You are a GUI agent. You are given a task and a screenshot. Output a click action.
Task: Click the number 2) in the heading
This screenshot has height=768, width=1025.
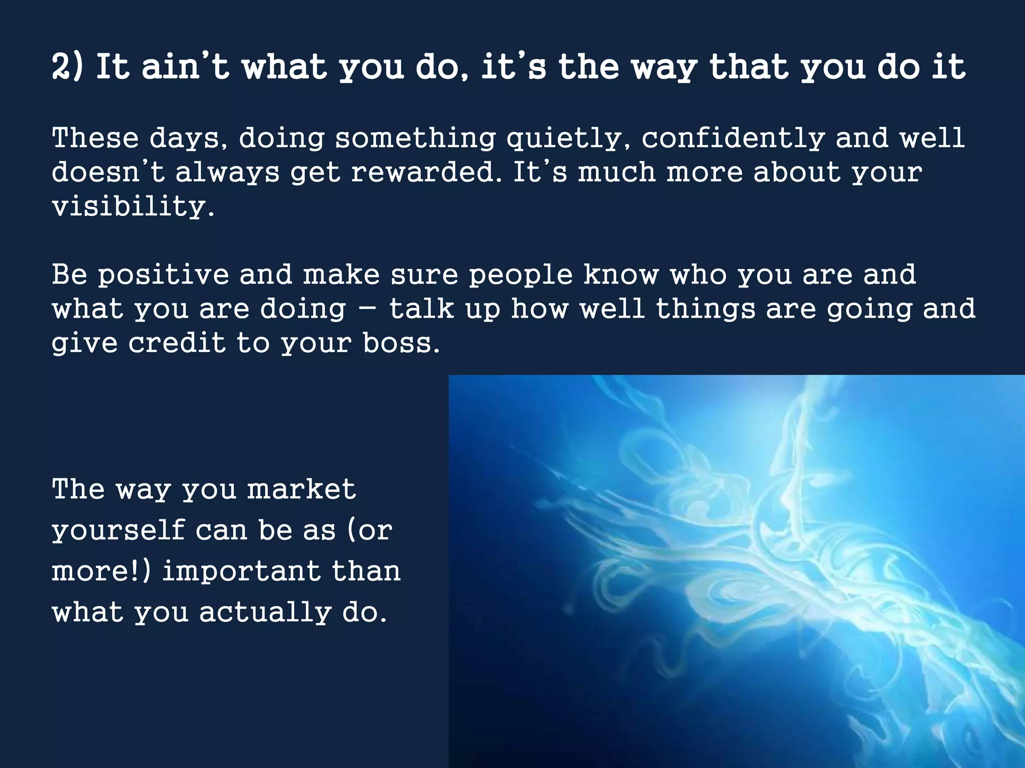67,67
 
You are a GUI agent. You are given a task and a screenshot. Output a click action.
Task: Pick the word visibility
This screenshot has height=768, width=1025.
133,206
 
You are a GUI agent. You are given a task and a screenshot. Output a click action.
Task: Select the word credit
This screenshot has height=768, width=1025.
177,343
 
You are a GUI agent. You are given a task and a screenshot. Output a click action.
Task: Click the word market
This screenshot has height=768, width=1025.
301,489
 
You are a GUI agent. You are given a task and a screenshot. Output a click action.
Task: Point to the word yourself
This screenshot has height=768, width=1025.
119,530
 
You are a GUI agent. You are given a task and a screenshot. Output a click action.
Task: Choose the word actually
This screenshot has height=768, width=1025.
265,612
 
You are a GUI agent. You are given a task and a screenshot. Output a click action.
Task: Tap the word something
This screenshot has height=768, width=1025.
415,138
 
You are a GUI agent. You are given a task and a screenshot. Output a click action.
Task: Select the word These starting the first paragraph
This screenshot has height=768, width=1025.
95,138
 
